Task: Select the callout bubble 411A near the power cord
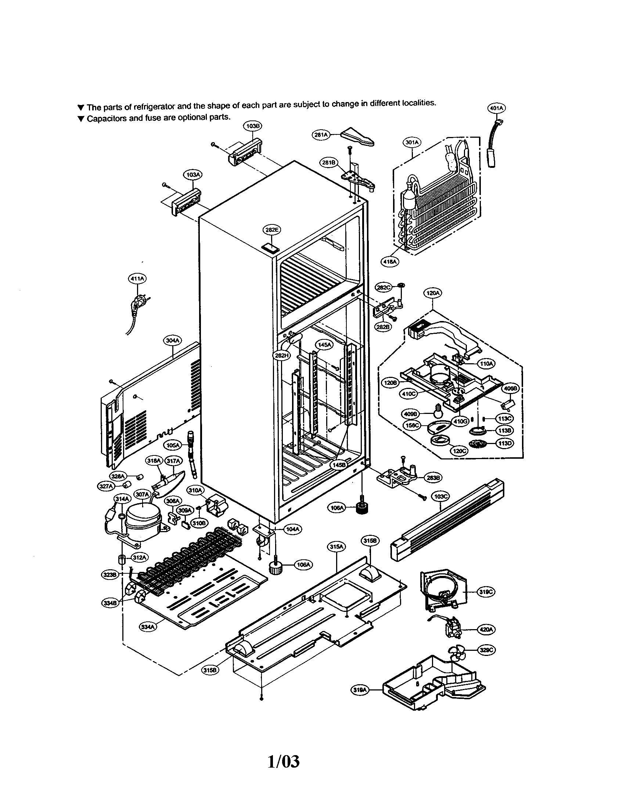coord(137,279)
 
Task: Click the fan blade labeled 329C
coord(456,653)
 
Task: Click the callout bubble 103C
coord(440,497)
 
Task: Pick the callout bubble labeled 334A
coord(148,627)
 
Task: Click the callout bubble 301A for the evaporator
coord(411,142)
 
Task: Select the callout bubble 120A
coord(432,293)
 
